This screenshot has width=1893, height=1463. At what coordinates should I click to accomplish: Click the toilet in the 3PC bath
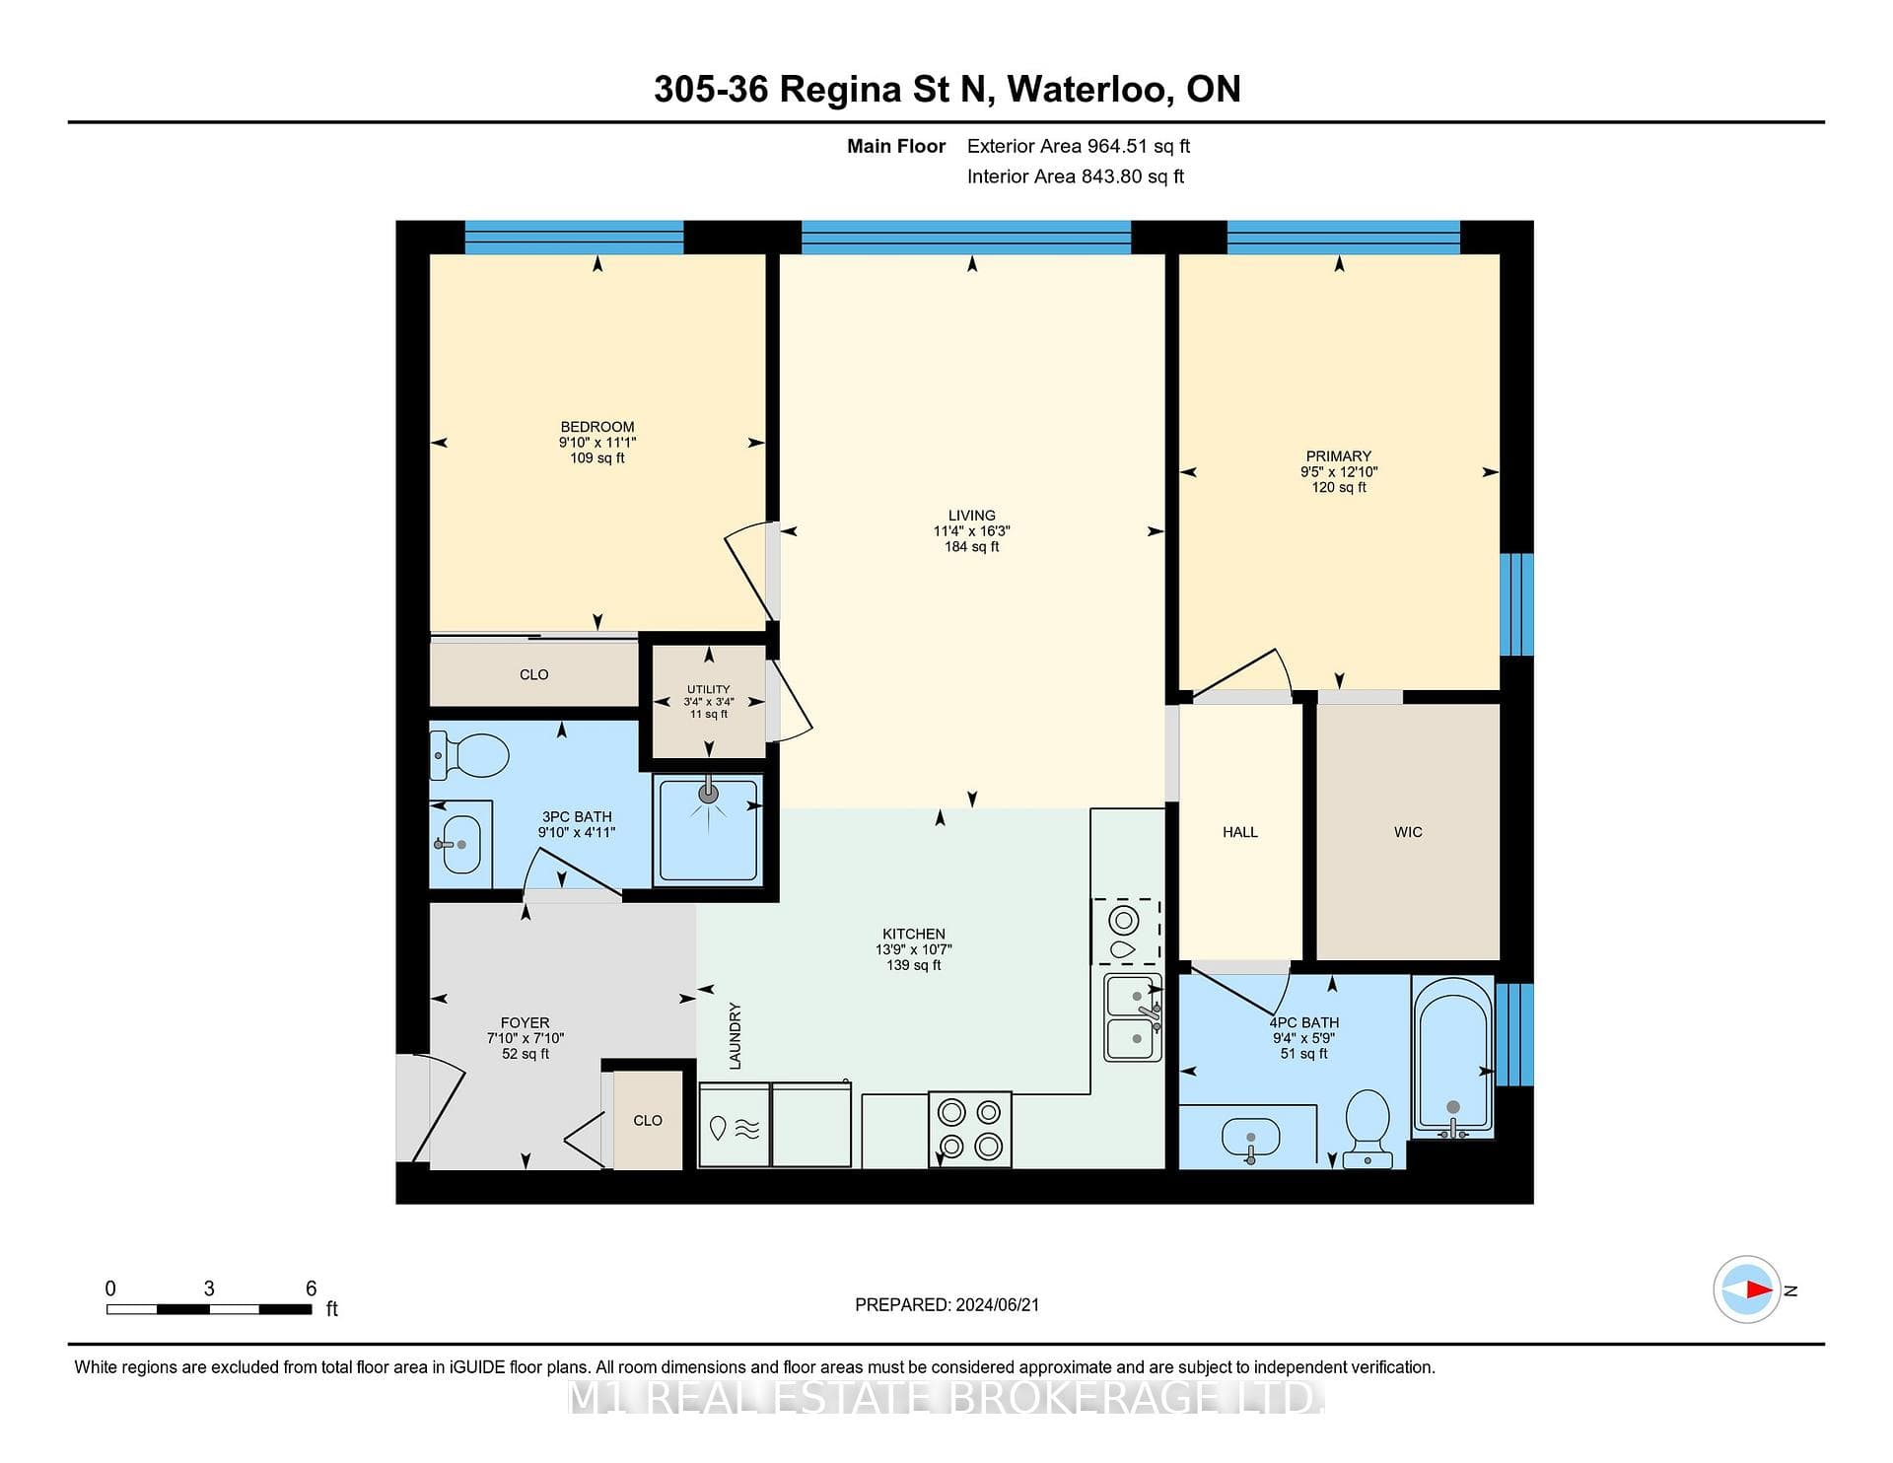coord(469,755)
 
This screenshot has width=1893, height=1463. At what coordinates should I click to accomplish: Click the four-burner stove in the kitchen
coord(970,1129)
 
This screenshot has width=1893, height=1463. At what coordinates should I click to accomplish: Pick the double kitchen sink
coord(1133,1017)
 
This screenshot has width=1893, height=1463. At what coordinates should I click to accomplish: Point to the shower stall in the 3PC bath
coord(708,829)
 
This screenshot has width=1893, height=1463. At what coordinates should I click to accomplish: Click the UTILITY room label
coord(709,689)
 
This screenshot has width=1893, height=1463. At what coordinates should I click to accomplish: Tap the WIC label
coord(1408,832)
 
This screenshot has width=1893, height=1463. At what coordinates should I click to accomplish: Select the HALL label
coord(1240,832)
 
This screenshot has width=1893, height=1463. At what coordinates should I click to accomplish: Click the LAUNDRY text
coord(735,1036)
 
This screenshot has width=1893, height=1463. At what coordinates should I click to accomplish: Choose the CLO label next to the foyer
coord(648,1120)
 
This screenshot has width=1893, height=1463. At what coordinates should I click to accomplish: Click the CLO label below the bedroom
coord(534,674)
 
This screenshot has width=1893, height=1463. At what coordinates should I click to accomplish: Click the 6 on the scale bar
coord(312,1288)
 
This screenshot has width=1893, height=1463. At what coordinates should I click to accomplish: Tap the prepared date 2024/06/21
coord(998,1304)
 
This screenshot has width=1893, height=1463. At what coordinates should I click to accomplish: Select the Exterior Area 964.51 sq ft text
coord(1079,146)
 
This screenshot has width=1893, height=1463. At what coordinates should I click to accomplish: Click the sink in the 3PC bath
coord(460,845)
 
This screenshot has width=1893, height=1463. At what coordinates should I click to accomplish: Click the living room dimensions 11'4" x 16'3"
coord(972,530)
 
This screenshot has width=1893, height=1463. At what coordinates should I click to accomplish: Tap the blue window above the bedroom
coord(574,237)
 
